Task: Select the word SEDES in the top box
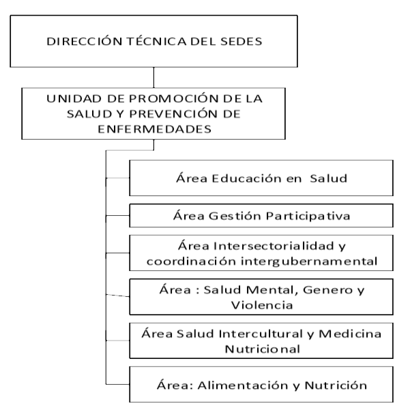[x=241, y=42]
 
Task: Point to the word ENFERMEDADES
[x=155, y=129]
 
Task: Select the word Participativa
[x=308, y=217]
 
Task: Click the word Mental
[x=272, y=290]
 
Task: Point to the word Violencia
[x=262, y=305]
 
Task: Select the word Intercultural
[x=261, y=334]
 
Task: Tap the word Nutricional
[x=263, y=349]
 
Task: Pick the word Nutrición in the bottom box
[x=336, y=385]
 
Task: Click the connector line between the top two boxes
[x=153, y=78]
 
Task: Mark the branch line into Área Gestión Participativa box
[x=118, y=216]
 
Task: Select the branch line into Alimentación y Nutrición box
[x=118, y=384]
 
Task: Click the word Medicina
[x=350, y=334]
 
